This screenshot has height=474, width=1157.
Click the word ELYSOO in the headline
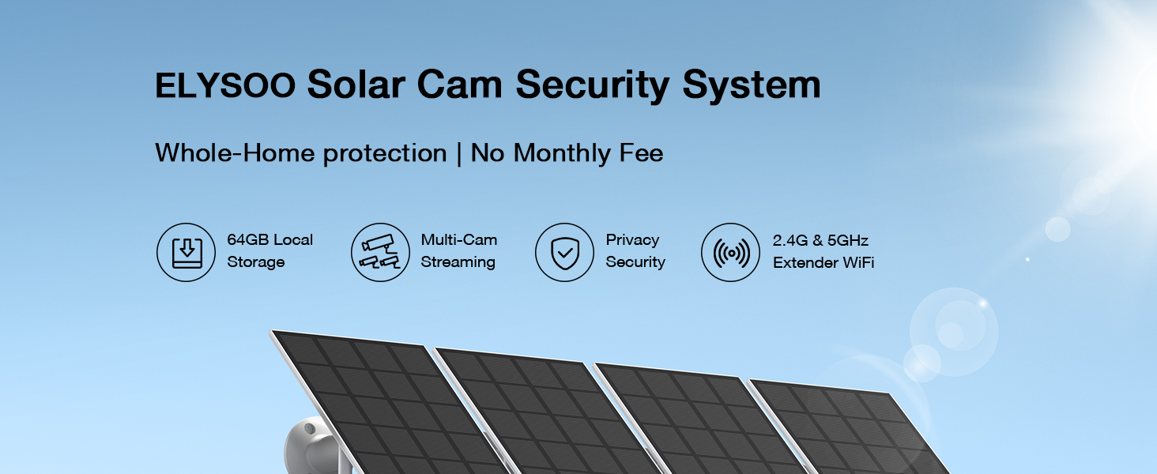pyautogui.click(x=225, y=85)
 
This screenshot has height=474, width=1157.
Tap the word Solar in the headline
pyautogui.click(x=356, y=85)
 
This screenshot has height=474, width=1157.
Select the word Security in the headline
pyautogui.click(x=593, y=85)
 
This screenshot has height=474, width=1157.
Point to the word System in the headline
pyautogui.click(x=752, y=85)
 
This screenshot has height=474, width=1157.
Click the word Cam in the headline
pyautogui.click(x=460, y=85)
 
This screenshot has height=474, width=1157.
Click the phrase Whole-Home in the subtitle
pyautogui.click(x=235, y=152)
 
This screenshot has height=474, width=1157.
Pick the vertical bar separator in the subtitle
pyautogui.click(x=458, y=154)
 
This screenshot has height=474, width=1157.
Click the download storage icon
pyautogui.click(x=186, y=253)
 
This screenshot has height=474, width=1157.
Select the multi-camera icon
pyautogui.click(x=381, y=253)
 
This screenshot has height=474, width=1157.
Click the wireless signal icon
pyautogui.click(x=731, y=253)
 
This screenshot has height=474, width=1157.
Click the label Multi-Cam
pyautogui.click(x=459, y=239)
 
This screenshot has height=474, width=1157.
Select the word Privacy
pyautogui.click(x=633, y=241)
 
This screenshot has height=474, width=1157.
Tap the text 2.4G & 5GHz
pyautogui.click(x=821, y=240)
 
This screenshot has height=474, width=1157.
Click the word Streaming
pyautogui.click(x=458, y=263)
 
